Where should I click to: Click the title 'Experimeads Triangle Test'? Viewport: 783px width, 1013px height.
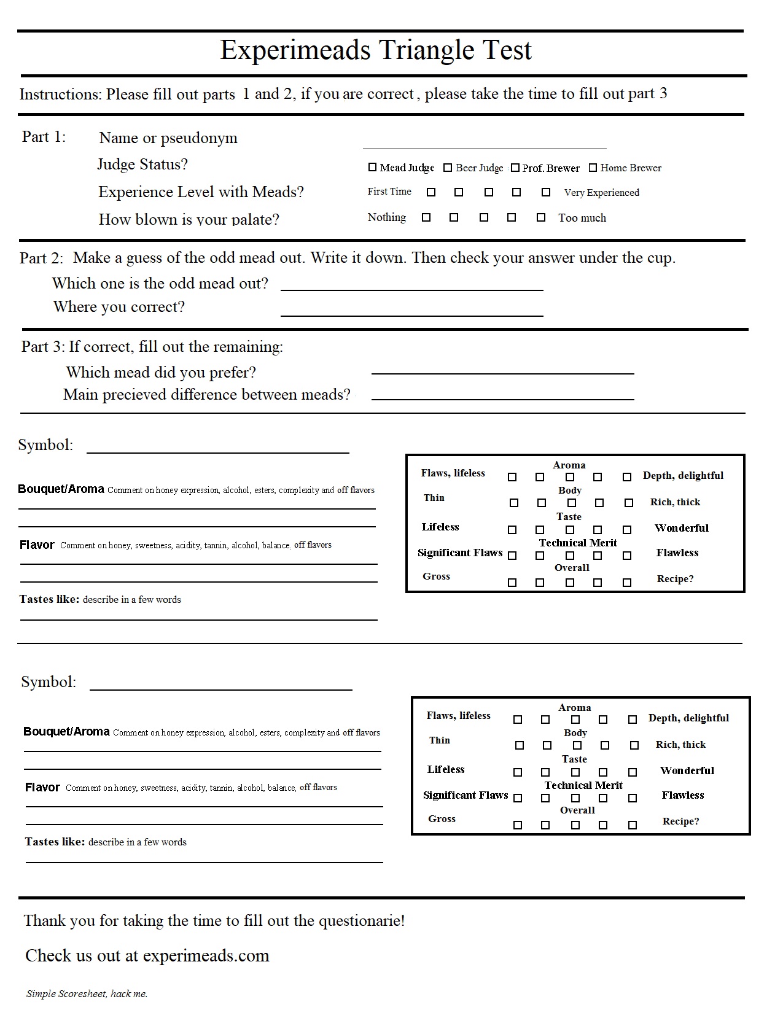[x=376, y=50]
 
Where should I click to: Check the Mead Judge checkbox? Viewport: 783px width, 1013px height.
[x=372, y=167]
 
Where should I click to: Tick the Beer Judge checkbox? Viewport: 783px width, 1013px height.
[x=448, y=168]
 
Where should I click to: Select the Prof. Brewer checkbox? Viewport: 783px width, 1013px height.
[x=515, y=168]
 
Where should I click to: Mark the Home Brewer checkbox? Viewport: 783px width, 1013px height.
[x=593, y=167]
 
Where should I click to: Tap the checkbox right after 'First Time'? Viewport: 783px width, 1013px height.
[x=431, y=192]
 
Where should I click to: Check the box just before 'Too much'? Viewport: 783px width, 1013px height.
[x=541, y=217]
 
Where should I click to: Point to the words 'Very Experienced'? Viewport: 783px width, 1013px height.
[x=601, y=193]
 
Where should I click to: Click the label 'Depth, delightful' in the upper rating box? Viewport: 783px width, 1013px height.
[x=683, y=476]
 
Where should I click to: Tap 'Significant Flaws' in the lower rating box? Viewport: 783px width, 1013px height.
[x=465, y=796]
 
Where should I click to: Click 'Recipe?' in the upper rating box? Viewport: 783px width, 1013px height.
[x=675, y=579]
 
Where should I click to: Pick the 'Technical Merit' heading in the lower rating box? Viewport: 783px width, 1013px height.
[x=583, y=785]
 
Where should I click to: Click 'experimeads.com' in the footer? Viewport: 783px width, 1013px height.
[x=206, y=956]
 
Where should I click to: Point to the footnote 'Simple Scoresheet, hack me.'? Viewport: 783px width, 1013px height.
[x=87, y=994]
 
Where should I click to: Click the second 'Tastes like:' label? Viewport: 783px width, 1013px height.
[x=55, y=842]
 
